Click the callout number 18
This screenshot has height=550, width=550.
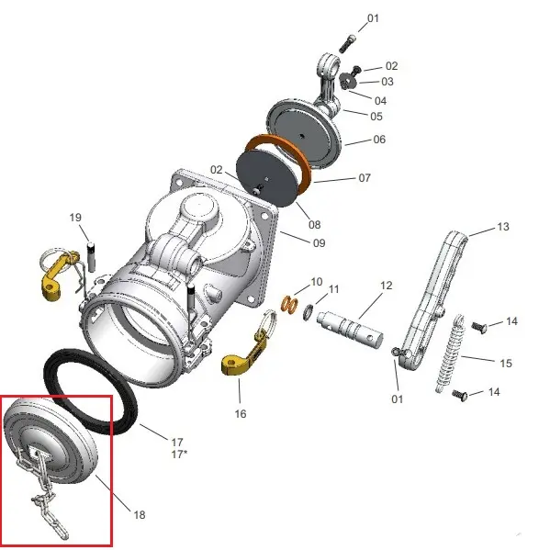[140, 514]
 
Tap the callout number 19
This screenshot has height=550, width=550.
[75, 218]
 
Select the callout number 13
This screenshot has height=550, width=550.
[503, 227]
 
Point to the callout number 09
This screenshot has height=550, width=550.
[319, 242]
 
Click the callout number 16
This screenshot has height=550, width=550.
[241, 413]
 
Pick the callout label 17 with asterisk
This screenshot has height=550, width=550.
[179, 455]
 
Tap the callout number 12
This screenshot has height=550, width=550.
[386, 286]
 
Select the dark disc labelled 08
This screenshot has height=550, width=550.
[266, 177]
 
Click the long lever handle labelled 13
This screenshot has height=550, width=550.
[433, 302]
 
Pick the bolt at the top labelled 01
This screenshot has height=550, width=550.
[347, 44]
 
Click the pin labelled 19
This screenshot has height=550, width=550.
[91, 257]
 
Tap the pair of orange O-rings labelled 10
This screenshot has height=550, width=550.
[290, 304]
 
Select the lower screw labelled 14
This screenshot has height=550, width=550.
[459, 395]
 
